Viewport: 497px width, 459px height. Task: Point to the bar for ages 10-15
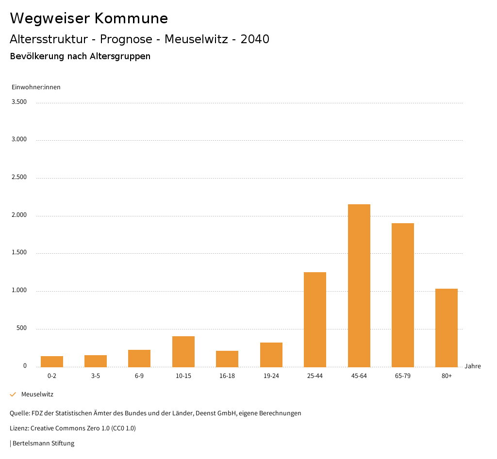[183, 351]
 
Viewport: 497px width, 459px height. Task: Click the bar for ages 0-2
[52, 361]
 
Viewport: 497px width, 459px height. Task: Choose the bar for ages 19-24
[271, 355]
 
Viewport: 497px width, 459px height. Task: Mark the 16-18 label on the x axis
[227, 376]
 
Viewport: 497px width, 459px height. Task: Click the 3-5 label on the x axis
[96, 376]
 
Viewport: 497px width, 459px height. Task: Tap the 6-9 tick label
[139, 376]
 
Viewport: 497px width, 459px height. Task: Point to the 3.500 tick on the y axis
[19, 102]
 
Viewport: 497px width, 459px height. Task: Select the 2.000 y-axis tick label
[19, 215]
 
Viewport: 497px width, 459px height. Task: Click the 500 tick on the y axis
[21, 328]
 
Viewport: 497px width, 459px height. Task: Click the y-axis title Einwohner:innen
[36, 87]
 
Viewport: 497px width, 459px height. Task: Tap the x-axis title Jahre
[472, 366]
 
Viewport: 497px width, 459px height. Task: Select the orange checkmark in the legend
[13, 394]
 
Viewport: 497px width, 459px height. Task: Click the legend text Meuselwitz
[37, 394]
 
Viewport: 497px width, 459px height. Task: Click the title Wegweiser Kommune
[89, 18]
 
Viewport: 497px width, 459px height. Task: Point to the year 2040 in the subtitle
[255, 39]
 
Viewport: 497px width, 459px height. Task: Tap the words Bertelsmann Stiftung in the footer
[44, 443]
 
